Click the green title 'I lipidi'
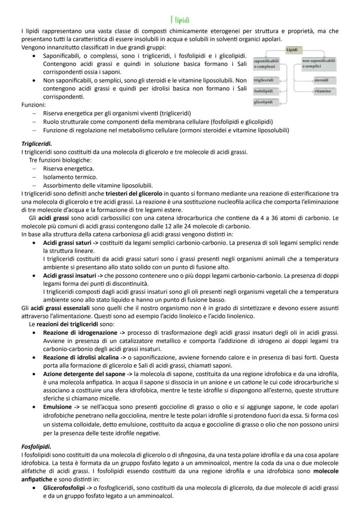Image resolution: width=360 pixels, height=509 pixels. click(x=180, y=20)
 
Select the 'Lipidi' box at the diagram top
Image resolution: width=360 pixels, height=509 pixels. click(x=293, y=50)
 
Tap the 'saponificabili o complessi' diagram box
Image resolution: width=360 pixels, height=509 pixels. click(x=266, y=63)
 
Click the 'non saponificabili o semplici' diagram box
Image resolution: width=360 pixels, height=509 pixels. click(x=319, y=63)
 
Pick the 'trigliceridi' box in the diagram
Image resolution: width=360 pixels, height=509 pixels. click(x=263, y=80)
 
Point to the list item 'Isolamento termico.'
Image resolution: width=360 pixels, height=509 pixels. click(x=70, y=177)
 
